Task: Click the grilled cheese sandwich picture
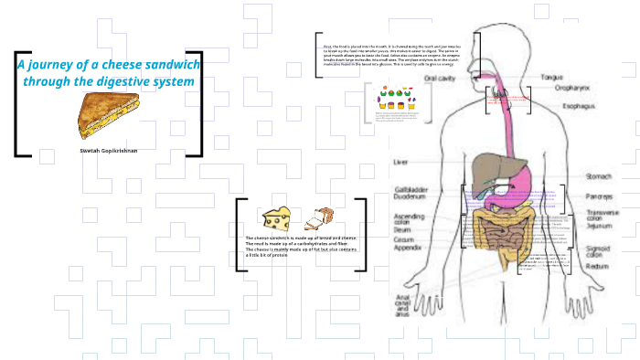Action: tap(107, 115)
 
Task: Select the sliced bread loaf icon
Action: tap(318, 217)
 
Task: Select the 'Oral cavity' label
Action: tap(442, 79)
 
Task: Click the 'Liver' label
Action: tap(400, 162)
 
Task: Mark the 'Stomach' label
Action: tap(599, 176)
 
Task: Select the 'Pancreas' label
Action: tap(600, 196)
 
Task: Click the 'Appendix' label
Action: tap(408, 247)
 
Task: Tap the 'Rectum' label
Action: tap(598, 266)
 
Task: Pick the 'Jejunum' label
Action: tap(599, 225)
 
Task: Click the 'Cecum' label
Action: tap(404, 238)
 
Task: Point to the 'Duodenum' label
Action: tap(411, 196)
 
